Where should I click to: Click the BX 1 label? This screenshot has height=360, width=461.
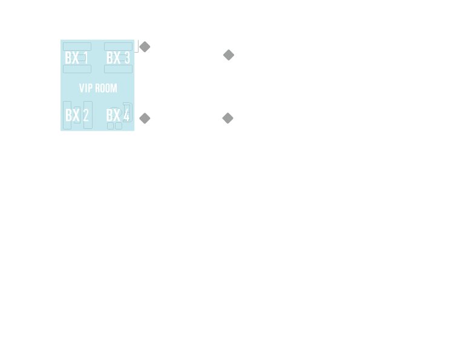77,58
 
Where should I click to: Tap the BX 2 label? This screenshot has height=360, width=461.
77,116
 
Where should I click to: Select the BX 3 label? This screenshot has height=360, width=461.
118,58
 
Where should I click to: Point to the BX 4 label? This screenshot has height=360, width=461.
118,116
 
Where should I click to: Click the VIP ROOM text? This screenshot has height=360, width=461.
98,88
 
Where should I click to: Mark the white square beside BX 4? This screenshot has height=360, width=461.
140,131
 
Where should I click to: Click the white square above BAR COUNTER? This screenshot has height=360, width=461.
234,131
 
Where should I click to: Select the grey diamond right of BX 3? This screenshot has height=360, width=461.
145,47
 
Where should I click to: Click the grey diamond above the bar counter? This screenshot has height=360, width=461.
227,117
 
